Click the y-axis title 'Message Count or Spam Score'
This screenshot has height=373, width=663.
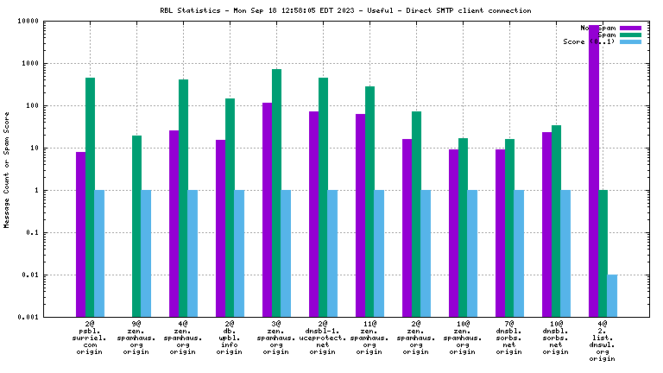(8, 169)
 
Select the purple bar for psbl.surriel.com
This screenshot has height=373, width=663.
(80, 234)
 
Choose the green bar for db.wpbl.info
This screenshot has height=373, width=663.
(230, 207)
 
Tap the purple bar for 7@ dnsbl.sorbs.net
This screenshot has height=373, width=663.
(500, 233)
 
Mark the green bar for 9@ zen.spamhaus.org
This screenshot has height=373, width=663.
(136, 226)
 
